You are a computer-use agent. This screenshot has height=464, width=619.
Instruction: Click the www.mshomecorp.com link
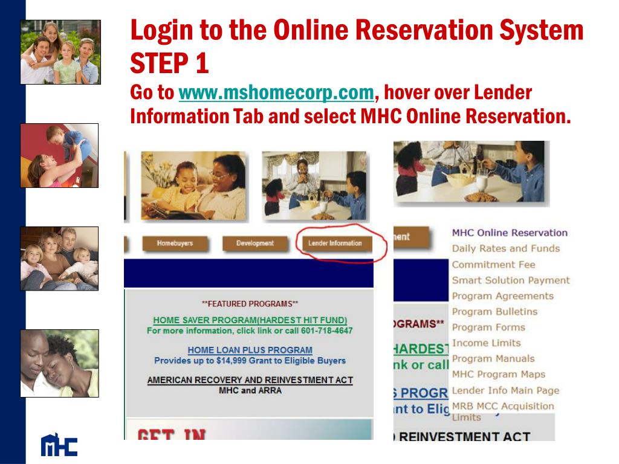pos(276,94)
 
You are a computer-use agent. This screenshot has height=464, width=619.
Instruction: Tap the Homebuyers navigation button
pos(175,243)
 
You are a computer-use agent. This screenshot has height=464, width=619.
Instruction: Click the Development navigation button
pos(254,243)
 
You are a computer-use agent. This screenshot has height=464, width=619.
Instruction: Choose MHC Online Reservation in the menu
pos(510,233)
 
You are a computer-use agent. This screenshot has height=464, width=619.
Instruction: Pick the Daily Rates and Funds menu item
pos(505,248)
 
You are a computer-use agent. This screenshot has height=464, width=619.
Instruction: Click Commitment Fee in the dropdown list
pos(493,265)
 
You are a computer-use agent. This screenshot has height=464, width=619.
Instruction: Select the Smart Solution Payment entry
pos(511,280)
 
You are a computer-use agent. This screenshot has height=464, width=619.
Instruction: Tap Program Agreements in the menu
pos(502,296)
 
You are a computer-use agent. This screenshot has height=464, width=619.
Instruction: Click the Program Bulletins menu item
pos(494,312)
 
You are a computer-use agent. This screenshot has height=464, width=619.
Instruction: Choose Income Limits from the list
pos(486,343)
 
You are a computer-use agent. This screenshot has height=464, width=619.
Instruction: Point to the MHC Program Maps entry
pos(498,375)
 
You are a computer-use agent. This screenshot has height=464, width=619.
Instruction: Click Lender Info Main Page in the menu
pos(505,391)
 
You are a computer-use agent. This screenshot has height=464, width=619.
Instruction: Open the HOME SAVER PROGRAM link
pos(250,320)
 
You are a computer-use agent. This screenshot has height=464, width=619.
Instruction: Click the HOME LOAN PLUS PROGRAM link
pos(250,350)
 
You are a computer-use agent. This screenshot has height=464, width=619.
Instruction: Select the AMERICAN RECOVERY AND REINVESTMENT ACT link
pos(250,380)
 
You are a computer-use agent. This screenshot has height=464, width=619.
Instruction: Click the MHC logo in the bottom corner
pos(59,445)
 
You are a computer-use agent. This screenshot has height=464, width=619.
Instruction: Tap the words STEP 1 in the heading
pos(169,63)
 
